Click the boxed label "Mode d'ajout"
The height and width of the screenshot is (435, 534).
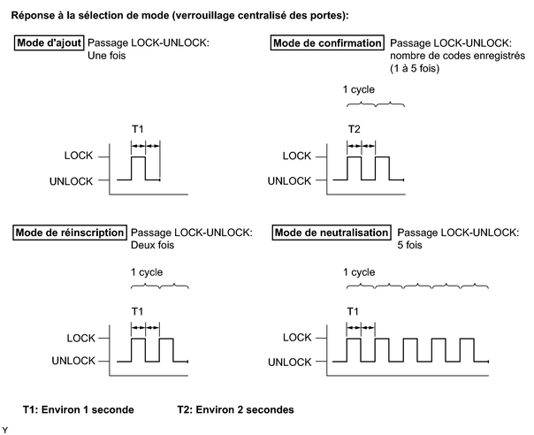click(x=49, y=43)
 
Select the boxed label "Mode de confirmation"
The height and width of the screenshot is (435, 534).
click(x=327, y=43)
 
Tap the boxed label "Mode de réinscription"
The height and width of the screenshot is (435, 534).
click(x=70, y=233)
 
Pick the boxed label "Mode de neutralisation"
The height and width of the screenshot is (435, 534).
click(x=332, y=233)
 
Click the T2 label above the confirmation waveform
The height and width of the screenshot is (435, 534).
click(x=355, y=129)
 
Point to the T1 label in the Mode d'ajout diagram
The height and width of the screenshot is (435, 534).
click(x=138, y=129)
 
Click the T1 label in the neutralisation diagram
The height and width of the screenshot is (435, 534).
click(x=353, y=311)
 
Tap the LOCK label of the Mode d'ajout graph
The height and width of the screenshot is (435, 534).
click(x=79, y=156)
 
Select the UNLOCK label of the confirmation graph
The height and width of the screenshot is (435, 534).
click(x=289, y=181)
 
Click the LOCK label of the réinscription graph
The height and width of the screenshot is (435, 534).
click(x=80, y=339)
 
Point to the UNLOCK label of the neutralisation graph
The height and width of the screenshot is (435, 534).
click(x=290, y=362)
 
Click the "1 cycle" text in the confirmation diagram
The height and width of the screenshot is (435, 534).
click(x=359, y=89)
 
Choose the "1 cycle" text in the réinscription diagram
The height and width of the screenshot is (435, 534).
click(x=147, y=272)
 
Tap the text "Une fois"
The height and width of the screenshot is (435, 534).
click(x=107, y=56)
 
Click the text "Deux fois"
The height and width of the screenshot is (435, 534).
click(x=152, y=245)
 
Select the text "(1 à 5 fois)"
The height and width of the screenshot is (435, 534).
click(x=415, y=68)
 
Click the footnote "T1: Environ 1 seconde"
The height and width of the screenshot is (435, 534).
click(x=79, y=409)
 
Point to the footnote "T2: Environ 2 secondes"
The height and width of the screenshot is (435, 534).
click(x=235, y=409)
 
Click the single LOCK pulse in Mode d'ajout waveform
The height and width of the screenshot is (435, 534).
click(x=138, y=157)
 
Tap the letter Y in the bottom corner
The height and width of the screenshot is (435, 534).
click(x=4, y=430)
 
